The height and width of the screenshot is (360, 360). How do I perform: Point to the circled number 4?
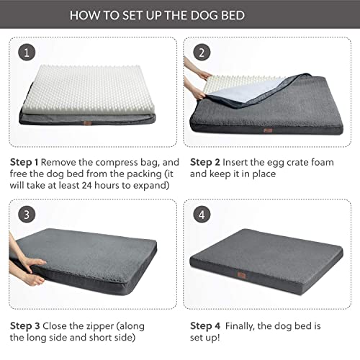[201, 214]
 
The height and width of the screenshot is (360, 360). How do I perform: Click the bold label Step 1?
[26, 163]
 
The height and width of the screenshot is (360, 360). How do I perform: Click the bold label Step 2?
[206, 163]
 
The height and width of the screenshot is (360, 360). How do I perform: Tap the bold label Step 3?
[26, 323]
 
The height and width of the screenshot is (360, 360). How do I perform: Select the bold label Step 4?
[206, 323]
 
